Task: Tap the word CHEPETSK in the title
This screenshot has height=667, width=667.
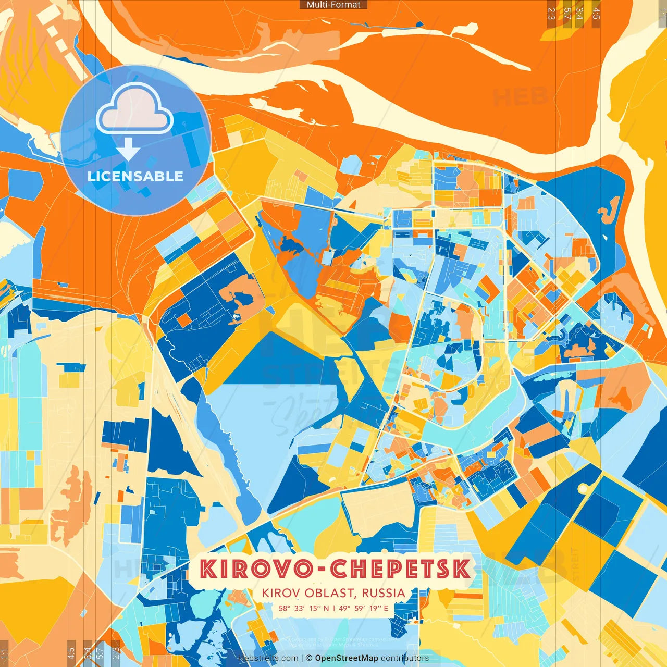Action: (400, 569)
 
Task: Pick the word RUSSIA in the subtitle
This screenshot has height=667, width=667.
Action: (383, 593)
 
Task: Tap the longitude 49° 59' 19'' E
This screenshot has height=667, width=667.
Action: (363, 608)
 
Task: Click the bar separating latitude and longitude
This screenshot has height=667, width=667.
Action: (333, 608)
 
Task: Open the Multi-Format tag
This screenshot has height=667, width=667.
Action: (333, 5)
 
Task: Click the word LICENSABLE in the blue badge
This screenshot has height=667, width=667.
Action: (135, 176)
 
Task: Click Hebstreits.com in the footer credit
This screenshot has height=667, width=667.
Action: (268, 658)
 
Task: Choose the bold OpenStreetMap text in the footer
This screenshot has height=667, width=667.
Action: (346, 658)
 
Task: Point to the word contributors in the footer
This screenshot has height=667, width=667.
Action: (405, 658)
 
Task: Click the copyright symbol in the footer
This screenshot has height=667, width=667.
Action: (308, 658)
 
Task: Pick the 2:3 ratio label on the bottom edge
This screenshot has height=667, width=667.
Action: (116, 653)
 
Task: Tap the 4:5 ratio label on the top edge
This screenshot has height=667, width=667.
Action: (596, 14)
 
